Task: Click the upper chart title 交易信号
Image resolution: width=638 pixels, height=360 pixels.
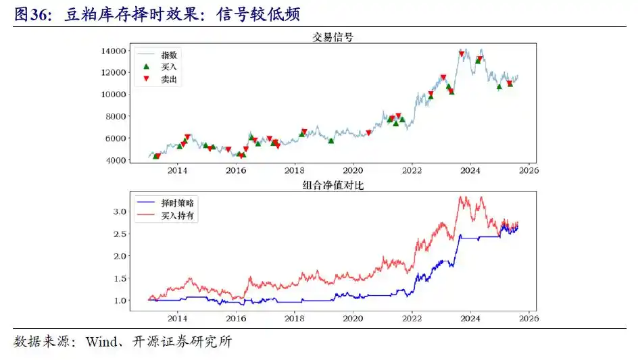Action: click(332, 37)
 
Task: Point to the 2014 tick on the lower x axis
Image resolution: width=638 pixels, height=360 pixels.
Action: click(178, 318)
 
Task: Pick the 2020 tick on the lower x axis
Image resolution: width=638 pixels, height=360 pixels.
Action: click(353, 318)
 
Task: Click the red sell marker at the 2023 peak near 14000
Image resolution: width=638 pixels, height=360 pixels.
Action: click(462, 54)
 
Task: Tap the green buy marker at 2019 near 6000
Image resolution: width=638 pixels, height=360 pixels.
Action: click(331, 140)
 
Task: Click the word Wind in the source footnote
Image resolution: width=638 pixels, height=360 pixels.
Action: click(100, 342)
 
